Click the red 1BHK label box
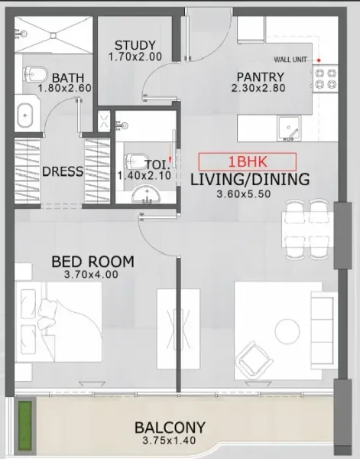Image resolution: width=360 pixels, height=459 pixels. pyautogui.click(x=247, y=162)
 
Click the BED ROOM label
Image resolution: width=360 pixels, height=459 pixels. pyautogui.click(x=92, y=262)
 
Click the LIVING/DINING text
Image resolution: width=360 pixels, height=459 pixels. pyautogui.click(x=249, y=180)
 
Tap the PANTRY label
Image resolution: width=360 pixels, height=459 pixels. pyautogui.click(x=260, y=76)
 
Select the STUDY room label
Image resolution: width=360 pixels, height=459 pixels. pyautogui.click(x=135, y=44)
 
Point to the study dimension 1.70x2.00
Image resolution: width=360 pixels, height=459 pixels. pyautogui.click(x=135, y=57)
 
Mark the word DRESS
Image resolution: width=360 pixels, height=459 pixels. pyautogui.click(x=63, y=171)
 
